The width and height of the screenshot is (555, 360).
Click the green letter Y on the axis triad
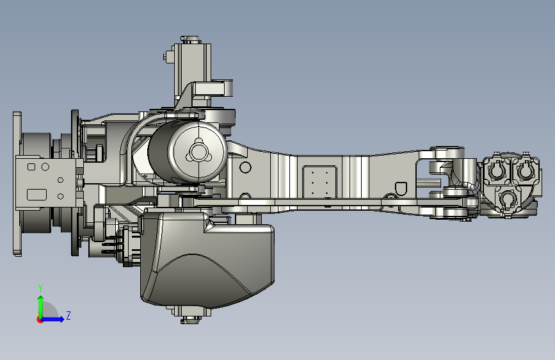(x=40, y=288)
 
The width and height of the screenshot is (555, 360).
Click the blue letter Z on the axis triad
(x=68, y=315)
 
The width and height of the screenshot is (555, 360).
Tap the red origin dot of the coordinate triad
(x=40, y=320)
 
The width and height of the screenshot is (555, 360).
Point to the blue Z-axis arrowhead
(x=61, y=319)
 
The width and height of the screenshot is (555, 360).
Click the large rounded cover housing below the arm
(x=207, y=259)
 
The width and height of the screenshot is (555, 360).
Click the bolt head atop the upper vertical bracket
(x=191, y=39)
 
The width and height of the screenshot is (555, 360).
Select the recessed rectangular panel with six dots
(x=319, y=182)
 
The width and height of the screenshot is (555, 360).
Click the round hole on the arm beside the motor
(x=245, y=167)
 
